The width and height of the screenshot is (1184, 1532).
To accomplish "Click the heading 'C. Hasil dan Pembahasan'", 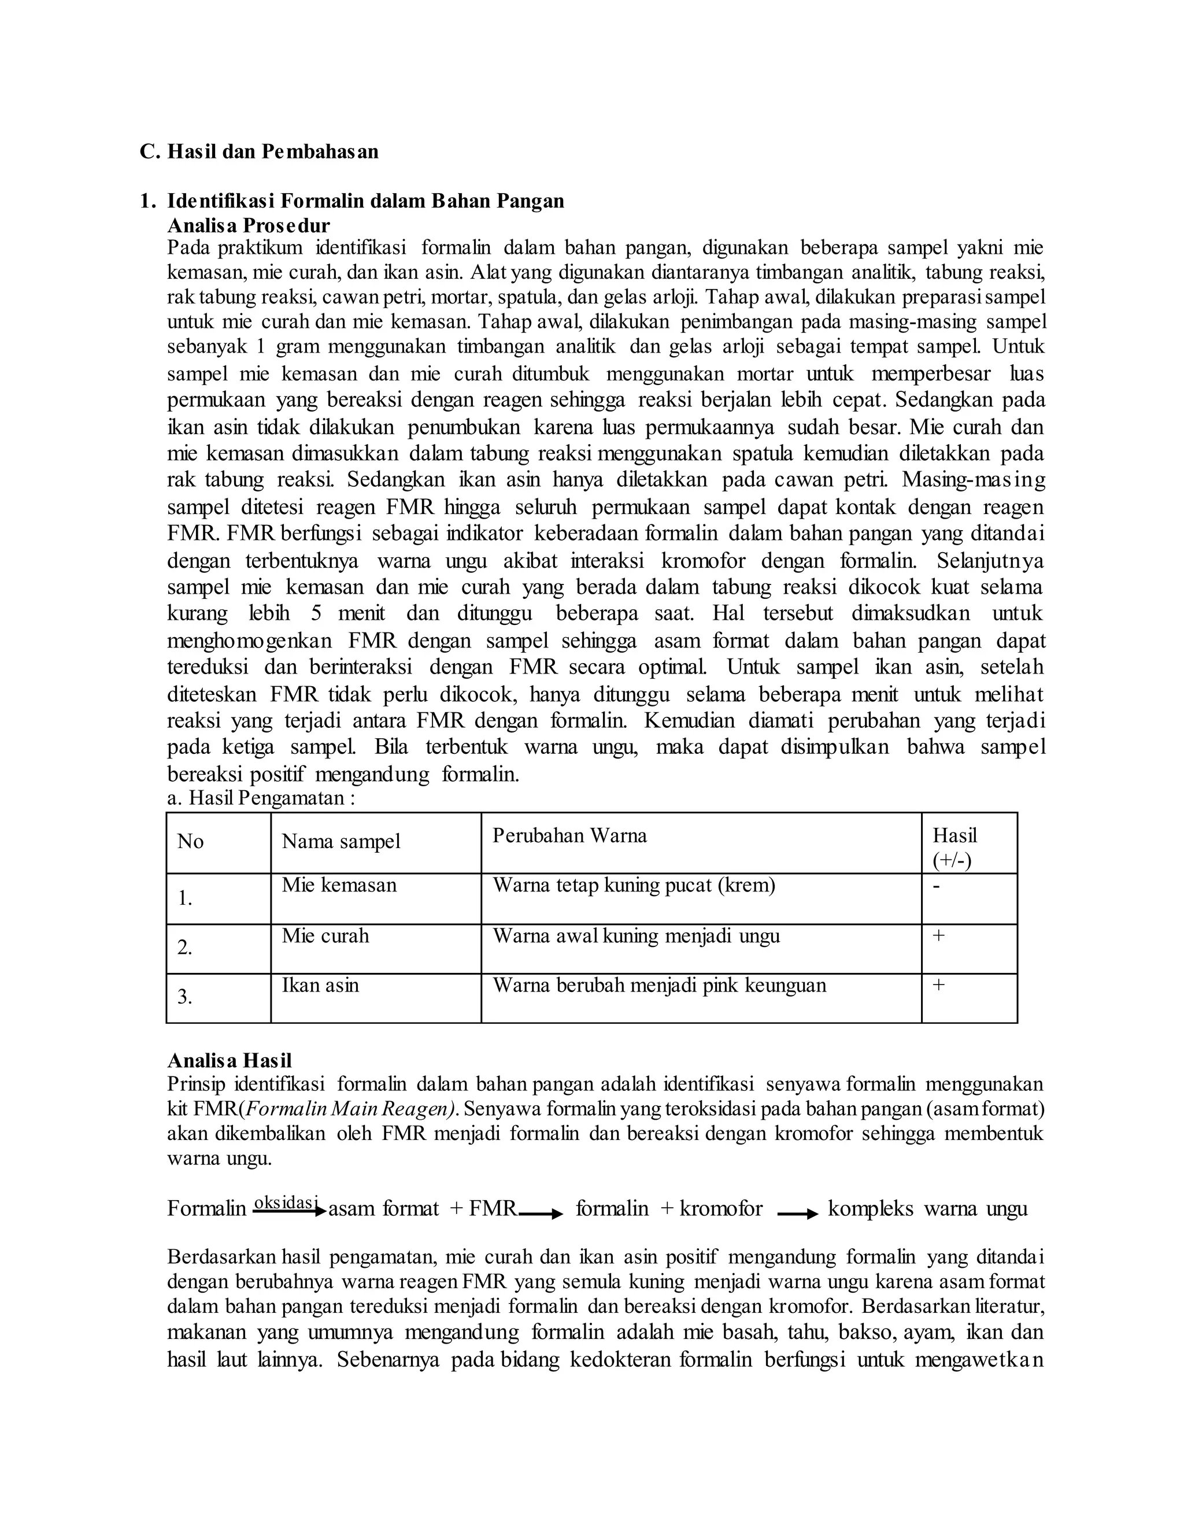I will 259,151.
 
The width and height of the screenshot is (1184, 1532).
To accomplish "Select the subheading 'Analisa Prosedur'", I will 248,226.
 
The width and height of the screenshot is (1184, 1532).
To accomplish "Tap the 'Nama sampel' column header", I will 341,842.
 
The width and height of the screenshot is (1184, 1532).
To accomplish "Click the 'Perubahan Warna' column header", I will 569,835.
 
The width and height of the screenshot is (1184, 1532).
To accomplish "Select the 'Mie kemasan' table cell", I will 339,885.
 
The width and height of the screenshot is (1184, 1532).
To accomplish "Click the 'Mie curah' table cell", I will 325,936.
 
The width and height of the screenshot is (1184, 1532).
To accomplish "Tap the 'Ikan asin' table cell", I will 320,986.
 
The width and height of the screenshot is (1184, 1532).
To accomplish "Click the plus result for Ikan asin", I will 938,985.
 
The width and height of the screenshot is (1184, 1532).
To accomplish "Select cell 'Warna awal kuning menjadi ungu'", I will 635,936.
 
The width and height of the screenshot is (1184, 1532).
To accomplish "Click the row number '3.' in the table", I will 184,997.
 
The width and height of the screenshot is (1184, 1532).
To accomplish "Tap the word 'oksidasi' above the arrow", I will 286,1202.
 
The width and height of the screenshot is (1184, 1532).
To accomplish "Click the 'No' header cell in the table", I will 190,842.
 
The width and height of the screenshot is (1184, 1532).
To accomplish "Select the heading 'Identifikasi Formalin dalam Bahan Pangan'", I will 365,201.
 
